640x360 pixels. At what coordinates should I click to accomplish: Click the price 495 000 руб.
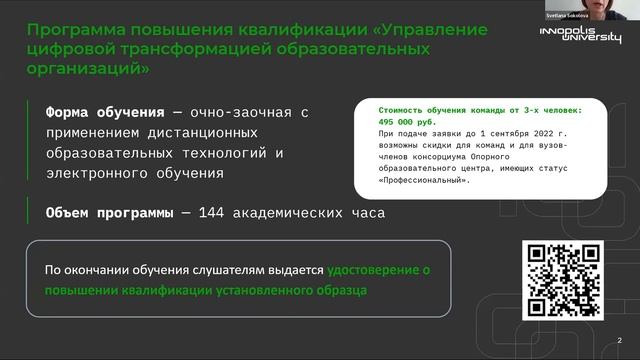pos(404,119)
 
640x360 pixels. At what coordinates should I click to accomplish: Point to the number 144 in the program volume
pos(214,213)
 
